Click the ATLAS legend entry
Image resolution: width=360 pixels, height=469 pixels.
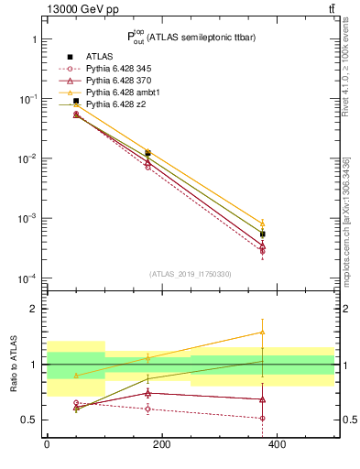(x=100, y=57)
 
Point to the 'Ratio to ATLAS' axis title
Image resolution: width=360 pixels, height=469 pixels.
(x=13, y=364)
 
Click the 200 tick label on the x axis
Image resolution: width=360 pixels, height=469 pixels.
(x=161, y=444)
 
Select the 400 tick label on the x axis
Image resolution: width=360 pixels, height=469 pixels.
(x=276, y=444)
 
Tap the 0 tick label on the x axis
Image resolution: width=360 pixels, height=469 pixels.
(x=47, y=444)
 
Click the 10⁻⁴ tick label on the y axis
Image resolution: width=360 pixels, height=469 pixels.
(x=27, y=278)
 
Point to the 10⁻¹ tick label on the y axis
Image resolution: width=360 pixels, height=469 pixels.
(x=27, y=99)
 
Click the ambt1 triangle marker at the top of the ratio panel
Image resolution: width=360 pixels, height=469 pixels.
(x=263, y=333)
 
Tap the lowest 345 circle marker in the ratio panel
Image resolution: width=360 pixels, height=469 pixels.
(x=263, y=418)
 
